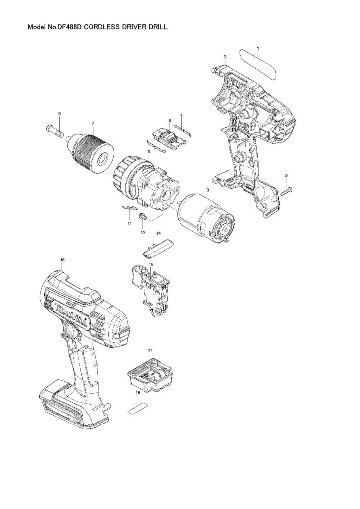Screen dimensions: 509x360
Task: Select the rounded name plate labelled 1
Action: (x=259, y=62)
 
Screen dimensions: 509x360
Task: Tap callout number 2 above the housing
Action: (x=225, y=57)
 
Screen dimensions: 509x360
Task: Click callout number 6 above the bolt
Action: (x=59, y=114)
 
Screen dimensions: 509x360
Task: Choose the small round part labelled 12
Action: (x=143, y=217)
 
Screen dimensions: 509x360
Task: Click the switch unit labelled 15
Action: (x=151, y=291)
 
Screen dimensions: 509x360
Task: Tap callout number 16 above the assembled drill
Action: (x=62, y=260)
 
